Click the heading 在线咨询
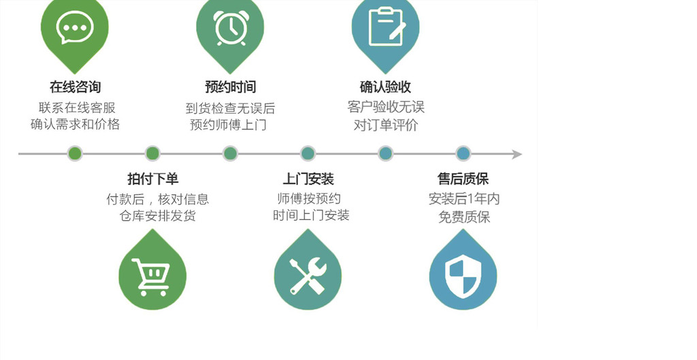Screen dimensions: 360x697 point(75,87)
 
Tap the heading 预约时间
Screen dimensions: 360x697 point(230,87)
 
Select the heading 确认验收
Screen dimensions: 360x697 point(385,87)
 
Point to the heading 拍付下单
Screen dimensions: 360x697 point(152,179)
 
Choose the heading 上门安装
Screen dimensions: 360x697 point(308,179)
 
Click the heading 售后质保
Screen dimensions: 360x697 point(463,179)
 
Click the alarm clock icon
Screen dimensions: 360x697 point(230,28)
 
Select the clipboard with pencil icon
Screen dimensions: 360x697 point(385,27)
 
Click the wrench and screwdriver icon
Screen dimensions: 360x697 point(308,276)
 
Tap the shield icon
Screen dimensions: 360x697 point(463,276)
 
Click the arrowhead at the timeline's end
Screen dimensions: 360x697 point(517,154)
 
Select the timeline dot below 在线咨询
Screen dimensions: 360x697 point(75,154)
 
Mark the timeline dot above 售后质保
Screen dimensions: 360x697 point(463,154)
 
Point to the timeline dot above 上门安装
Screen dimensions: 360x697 point(308,154)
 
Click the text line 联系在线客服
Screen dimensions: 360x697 point(77,108)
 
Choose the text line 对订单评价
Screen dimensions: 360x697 point(385,125)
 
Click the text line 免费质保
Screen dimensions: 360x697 point(464,217)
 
